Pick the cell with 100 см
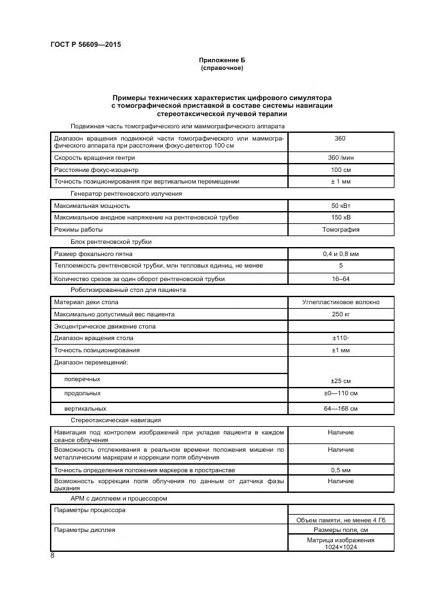coord(341,170)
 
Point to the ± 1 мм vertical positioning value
coord(341,182)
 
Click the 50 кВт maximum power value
coord(341,206)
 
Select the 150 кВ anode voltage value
coord(341,218)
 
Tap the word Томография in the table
coord(341,229)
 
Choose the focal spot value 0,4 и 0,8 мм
coord(341,254)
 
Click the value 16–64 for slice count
coord(341,279)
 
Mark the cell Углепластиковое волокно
coord(341,302)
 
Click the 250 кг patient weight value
coord(341,314)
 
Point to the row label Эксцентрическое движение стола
coord(105,327)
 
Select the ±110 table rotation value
coord(341,338)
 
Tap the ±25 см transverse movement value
coord(341,381)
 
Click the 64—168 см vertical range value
coord(341,408)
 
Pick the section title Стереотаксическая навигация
coord(107,420)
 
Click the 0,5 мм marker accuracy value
coord(341,470)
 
